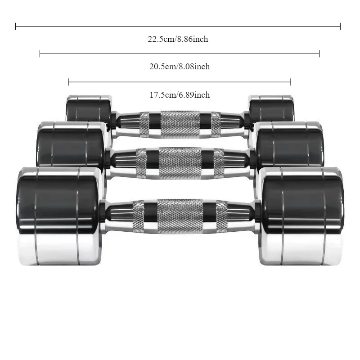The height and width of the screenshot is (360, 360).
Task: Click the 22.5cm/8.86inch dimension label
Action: (x=178, y=39)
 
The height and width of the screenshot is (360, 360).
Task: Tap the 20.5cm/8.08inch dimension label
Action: (x=180, y=67)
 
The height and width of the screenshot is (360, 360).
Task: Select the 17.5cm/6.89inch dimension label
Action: (x=180, y=95)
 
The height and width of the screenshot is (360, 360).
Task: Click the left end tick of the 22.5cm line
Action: (x=16, y=27)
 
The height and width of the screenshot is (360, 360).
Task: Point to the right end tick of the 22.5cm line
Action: (x=340, y=27)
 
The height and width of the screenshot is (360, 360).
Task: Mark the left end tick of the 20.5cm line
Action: (x=40, y=54)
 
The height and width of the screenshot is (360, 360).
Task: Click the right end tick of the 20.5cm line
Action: (x=319, y=54)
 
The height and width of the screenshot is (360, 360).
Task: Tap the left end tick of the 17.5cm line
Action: (x=68, y=82)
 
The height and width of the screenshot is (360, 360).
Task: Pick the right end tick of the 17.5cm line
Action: (x=291, y=82)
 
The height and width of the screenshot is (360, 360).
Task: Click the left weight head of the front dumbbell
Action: (x=59, y=216)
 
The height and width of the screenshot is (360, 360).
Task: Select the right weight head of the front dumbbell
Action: (x=301, y=216)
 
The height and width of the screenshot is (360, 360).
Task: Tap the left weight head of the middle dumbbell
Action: (x=71, y=144)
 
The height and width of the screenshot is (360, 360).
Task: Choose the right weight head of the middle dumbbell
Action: (x=289, y=144)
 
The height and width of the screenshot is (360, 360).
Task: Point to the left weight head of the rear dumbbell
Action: (x=89, y=108)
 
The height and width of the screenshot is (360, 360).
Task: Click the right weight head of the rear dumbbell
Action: (x=271, y=108)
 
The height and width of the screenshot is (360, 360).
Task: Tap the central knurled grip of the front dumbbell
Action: (x=180, y=216)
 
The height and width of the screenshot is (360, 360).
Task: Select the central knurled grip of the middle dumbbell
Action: (x=180, y=163)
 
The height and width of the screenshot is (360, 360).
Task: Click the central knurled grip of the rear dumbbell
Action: (x=180, y=125)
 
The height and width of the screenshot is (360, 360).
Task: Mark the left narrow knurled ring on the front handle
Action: (x=138, y=216)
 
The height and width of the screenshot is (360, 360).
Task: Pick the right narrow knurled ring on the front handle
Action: (x=222, y=216)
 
